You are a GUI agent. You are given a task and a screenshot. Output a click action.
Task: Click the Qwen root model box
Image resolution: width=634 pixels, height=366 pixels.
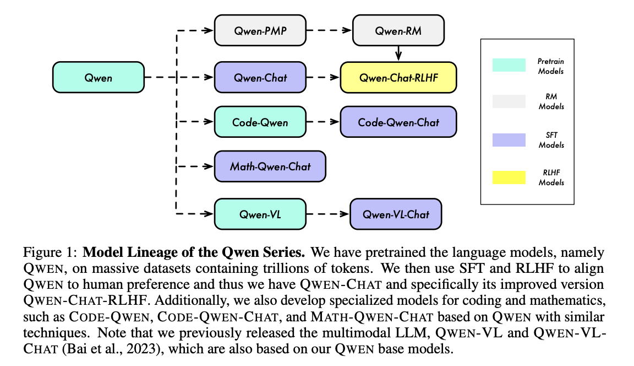pyautogui.click(x=98, y=78)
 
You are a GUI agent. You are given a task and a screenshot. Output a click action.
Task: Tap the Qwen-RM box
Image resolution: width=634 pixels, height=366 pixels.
pyautogui.click(x=398, y=31)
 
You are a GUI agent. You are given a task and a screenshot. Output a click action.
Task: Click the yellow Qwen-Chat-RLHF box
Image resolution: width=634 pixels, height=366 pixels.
pyautogui.click(x=398, y=78)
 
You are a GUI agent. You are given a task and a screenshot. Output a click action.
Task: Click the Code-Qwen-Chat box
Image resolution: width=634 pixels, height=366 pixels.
pyautogui.click(x=398, y=122)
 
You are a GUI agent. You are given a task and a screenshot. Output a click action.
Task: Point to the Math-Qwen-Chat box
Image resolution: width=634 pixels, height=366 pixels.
pyautogui.click(x=270, y=166)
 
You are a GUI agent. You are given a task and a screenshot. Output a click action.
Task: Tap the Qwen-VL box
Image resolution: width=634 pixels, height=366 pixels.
pyautogui.click(x=260, y=214)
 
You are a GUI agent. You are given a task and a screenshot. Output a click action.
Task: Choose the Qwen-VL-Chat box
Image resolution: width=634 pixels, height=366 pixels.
pyautogui.click(x=396, y=214)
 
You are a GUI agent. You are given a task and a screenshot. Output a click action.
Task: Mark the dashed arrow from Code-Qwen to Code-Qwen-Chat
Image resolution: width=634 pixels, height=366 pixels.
pyautogui.click(x=323, y=122)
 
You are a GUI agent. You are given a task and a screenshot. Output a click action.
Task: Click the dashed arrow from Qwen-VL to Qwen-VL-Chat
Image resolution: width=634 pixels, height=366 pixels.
pyautogui.click(x=327, y=214)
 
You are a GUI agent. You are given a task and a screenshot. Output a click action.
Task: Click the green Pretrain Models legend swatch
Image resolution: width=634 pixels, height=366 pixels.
pyautogui.click(x=509, y=65)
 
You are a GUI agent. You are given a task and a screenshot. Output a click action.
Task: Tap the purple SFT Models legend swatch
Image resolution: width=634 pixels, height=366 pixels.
pyautogui.click(x=509, y=139)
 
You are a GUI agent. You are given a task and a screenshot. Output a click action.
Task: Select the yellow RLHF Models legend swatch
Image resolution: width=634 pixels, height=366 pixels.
pyautogui.click(x=509, y=177)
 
